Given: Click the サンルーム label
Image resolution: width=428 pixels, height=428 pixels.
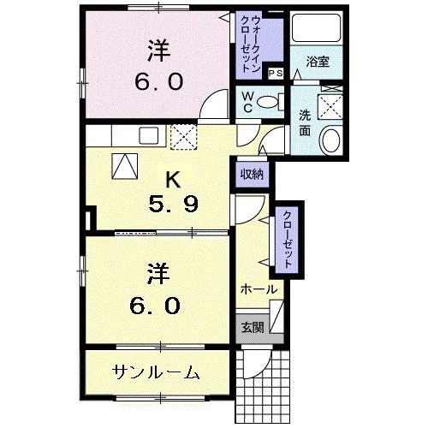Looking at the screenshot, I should tap(156, 372).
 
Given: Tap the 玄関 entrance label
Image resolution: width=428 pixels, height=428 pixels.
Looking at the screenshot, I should tap(253, 326).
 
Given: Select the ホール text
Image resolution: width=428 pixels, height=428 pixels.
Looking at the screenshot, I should tap(258, 289).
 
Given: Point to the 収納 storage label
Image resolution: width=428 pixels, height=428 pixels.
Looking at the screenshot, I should tap(252, 175).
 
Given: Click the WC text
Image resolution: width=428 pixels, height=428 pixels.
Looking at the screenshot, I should tap(247, 102).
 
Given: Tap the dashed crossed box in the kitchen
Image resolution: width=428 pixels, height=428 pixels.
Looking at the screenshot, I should tap(183, 136).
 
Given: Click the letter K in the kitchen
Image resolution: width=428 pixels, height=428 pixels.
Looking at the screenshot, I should tap(172, 181).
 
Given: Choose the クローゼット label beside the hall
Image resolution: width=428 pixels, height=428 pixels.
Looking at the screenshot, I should tap(286, 241).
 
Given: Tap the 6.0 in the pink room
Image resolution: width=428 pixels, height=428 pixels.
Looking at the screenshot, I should tap(157, 80).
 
